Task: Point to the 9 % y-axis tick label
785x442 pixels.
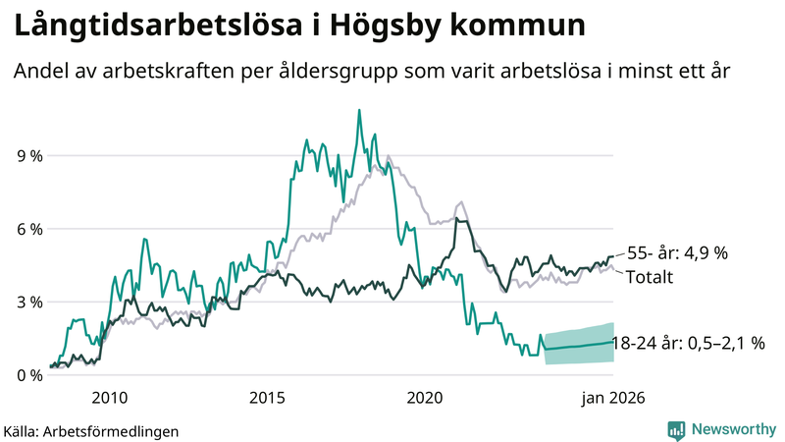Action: tap(28, 155)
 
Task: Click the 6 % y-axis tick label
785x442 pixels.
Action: tap(28, 229)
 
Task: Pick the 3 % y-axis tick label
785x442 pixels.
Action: tap(28, 302)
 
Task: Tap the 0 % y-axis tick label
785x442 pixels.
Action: tap(28, 375)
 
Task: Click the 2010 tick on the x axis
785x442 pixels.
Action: tap(109, 398)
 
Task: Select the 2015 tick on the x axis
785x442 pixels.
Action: tap(267, 398)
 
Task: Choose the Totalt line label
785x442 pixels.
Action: tap(650, 277)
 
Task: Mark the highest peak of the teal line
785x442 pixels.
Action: tap(359, 110)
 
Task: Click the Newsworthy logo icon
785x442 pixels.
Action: tap(676, 429)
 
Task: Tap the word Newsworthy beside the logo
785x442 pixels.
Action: tap(732, 429)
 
